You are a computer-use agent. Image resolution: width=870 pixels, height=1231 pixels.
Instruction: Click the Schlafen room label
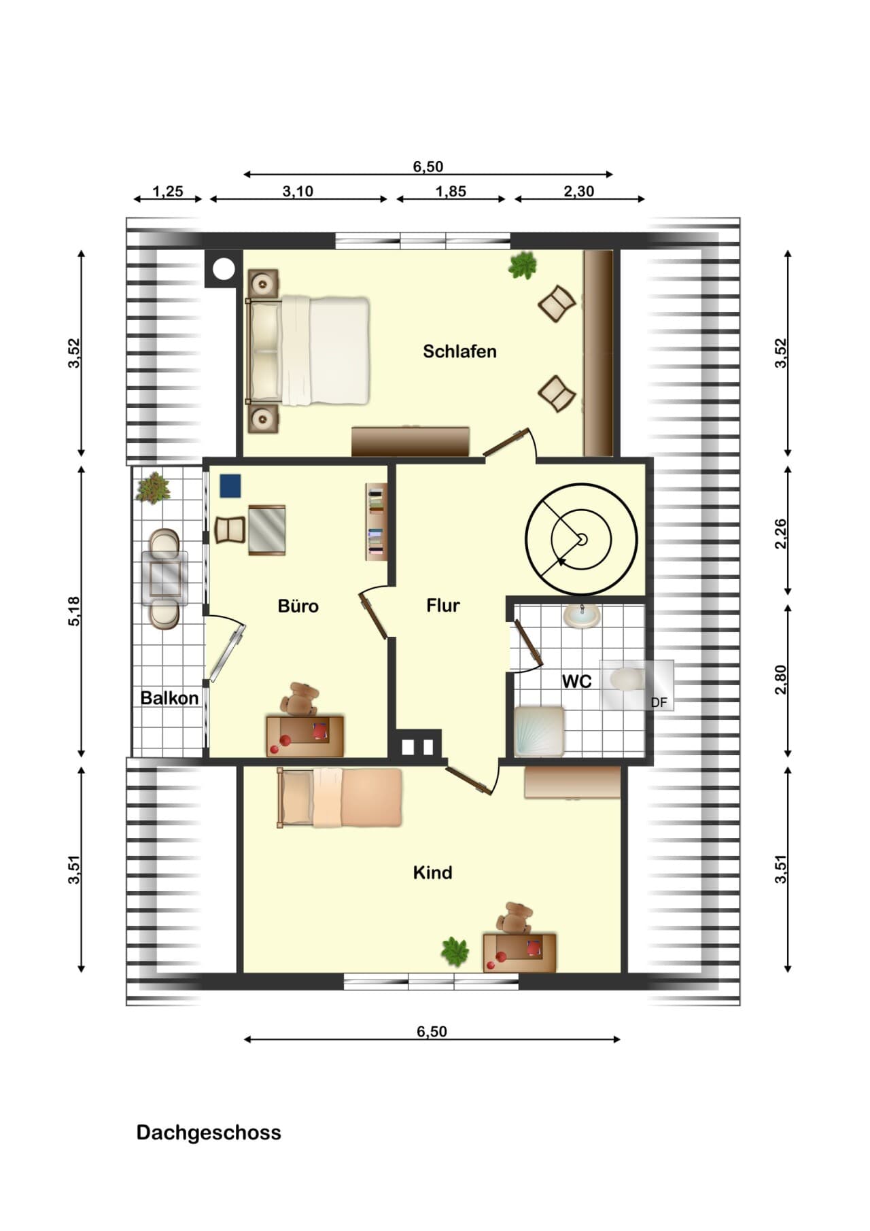click(459, 351)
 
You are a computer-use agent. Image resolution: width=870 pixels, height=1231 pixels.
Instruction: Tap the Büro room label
click(298, 606)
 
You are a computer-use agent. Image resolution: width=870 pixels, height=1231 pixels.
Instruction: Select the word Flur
click(443, 605)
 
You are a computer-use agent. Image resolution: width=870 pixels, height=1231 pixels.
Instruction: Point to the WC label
click(576, 681)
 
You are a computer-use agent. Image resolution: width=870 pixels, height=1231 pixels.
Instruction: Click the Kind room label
click(432, 872)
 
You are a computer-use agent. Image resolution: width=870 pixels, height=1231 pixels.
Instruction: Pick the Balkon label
click(169, 698)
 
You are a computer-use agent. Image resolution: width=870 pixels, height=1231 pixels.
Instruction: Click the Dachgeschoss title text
click(209, 1132)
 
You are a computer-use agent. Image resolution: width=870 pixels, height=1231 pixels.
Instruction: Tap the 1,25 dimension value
click(168, 192)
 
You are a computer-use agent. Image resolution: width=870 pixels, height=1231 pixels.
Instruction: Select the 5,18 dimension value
click(74, 611)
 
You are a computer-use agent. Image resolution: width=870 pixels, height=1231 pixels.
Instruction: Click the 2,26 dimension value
click(781, 534)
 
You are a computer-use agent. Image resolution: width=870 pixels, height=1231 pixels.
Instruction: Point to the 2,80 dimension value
click(781, 680)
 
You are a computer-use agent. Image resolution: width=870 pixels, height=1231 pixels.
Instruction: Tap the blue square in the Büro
click(230, 485)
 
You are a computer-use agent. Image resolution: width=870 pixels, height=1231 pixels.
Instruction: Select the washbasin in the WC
click(582, 616)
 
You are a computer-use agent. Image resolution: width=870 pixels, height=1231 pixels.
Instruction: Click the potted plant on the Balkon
click(154, 487)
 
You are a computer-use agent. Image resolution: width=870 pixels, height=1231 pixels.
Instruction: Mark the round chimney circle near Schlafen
click(223, 270)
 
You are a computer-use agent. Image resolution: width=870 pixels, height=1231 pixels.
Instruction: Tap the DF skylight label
click(659, 703)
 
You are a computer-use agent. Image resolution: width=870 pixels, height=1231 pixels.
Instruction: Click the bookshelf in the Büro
click(375, 521)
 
